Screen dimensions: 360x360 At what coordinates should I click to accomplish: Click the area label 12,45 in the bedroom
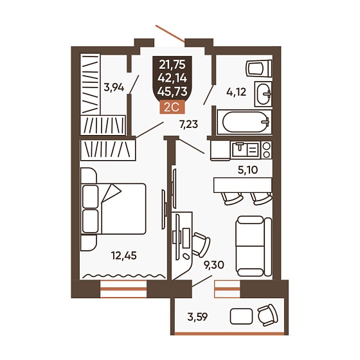(123, 255)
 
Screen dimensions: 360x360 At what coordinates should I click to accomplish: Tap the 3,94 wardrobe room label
(114, 87)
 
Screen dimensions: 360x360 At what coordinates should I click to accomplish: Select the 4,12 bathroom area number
(236, 92)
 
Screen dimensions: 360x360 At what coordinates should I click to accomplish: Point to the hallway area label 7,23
(188, 125)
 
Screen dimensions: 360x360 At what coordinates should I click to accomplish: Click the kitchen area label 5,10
(248, 170)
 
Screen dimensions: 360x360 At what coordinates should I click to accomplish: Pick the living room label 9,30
(214, 265)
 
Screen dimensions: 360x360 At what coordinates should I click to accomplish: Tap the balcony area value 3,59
(197, 317)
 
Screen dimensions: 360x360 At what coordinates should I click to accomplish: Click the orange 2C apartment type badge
(172, 107)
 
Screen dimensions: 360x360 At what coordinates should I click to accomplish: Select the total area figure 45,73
(172, 91)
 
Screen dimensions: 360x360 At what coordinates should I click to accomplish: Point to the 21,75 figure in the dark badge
(172, 65)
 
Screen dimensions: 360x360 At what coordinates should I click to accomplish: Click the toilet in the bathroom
(258, 68)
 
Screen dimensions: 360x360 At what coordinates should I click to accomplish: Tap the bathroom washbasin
(264, 94)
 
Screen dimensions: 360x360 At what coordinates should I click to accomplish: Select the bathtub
(244, 122)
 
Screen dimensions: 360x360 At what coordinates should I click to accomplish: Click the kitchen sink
(246, 150)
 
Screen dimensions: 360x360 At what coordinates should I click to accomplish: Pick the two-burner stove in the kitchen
(267, 150)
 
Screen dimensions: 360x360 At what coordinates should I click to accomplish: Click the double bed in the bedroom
(113, 209)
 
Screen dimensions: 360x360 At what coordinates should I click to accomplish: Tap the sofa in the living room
(254, 246)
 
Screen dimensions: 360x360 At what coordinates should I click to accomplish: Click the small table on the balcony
(241, 316)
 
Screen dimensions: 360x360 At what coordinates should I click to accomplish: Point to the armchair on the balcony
(267, 315)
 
